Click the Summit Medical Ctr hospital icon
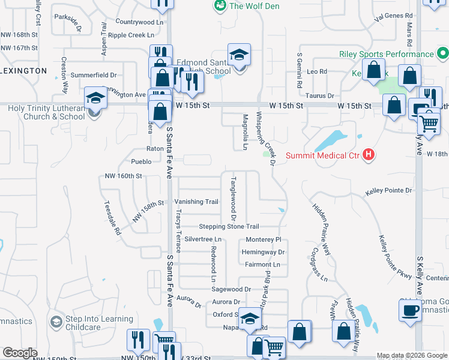pyautogui.click(x=369, y=155)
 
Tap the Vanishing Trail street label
pyautogui.click(x=196, y=202)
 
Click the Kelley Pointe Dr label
pyautogui.click(x=389, y=191)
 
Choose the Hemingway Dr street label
pyautogui.click(x=263, y=252)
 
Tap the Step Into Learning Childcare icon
pyautogui.click(x=56, y=322)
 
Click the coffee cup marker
pyautogui.click(x=411, y=310)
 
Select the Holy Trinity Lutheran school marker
pyautogui.click(x=95, y=97)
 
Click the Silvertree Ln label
pyautogui.click(x=203, y=239)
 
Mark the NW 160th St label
pyautogui.click(x=123, y=176)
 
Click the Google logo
pyautogui.click(x=20, y=353)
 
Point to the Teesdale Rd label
pyautogui.click(x=113, y=217)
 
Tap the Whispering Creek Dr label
pyautogui.click(x=266, y=139)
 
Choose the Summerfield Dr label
pyautogui.click(x=94, y=75)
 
